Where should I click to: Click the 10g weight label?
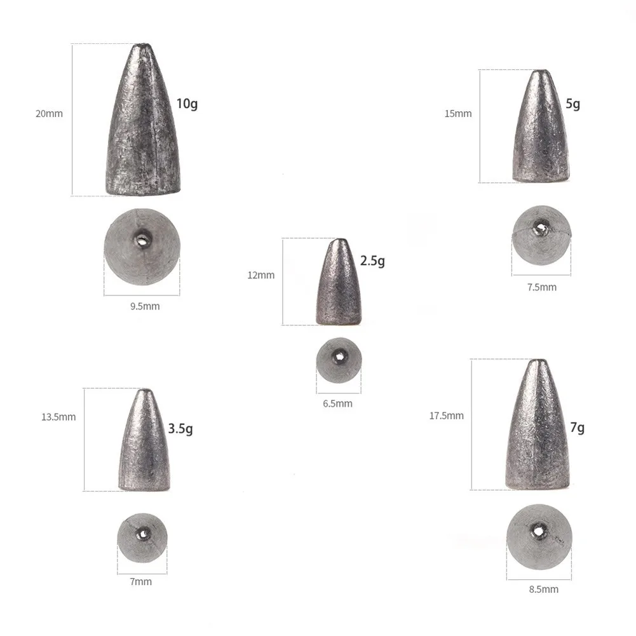click(x=186, y=103)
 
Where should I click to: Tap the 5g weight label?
click(x=572, y=104)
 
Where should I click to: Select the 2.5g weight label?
click(x=372, y=260)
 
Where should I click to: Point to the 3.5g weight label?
click(x=180, y=429)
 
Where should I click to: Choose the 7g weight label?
click(x=577, y=428)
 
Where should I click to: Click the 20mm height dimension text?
click(x=49, y=114)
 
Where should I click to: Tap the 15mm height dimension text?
click(x=458, y=114)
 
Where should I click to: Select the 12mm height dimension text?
click(x=260, y=275)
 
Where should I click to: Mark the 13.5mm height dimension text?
click(x=58, y=417)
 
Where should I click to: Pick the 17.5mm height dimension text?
click(x=447, y=416)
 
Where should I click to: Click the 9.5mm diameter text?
click(x=145, y=306)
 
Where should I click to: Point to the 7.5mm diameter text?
click(x=541, y=287)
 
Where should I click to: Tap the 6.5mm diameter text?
click(x=337, y=403)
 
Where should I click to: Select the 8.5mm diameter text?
click(x=544, y=590)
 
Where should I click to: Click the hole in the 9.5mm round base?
click(x=141, y=239)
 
